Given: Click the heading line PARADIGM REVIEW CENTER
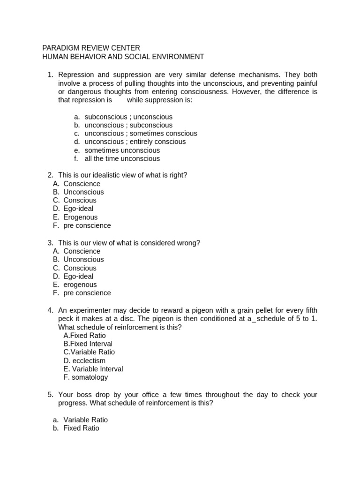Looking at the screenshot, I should click(x=91, y=48).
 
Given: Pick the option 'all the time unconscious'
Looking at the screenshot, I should click(x=122, y=158).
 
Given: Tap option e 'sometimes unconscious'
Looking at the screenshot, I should click(x=122, y=150).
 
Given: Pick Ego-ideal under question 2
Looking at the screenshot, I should click(x=78, y=209).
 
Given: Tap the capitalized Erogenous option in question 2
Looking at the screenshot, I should click(x=80, y=217).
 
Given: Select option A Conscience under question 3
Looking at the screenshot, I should click(x=82, y=251).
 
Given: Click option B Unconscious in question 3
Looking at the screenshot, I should click(x=83, y=259).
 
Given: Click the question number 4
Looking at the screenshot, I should click(x=50, y=310).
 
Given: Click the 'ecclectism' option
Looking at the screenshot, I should click(x=84, y=360).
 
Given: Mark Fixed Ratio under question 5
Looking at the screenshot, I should click(x=81, y=428).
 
